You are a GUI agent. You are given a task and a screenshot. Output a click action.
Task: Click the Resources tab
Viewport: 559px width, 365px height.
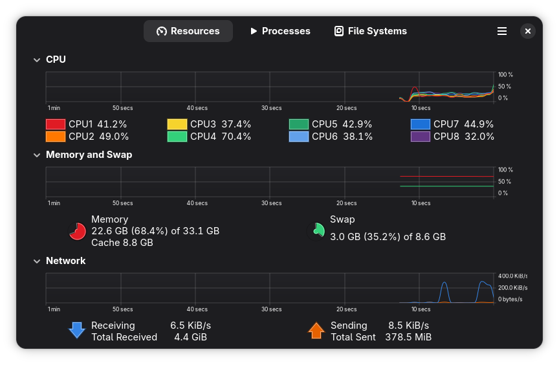pos(188,31)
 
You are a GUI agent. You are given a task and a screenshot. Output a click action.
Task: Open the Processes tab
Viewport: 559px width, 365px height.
pos(279,31)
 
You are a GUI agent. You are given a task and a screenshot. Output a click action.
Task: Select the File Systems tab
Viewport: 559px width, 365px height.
pos(370,31)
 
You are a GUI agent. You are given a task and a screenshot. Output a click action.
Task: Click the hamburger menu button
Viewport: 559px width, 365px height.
pos(501,31)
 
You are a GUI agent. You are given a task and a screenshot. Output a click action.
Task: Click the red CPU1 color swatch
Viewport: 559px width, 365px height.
pos(56,124)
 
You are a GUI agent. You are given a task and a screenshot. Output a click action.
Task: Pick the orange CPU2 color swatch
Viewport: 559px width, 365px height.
pos(56,137)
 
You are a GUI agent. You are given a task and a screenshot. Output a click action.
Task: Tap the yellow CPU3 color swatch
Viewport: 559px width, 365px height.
pos(177,124)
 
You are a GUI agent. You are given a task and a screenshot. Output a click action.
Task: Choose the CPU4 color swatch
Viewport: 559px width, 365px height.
pos(177,137)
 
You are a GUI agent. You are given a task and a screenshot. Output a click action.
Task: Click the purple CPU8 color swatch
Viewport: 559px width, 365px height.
pos(421,137)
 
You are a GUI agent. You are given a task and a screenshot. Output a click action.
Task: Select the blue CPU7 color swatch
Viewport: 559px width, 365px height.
pos(421,124)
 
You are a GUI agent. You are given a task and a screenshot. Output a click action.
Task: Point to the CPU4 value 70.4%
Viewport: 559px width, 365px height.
pos(236,137)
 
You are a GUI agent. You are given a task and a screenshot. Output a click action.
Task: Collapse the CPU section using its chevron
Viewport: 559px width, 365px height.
pos(37,60)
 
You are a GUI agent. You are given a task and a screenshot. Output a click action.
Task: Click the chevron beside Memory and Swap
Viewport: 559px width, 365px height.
pos(37,155)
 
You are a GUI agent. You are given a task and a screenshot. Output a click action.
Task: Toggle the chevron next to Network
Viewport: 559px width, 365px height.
pos(37,261)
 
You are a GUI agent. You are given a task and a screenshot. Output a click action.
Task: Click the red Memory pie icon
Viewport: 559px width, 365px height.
pos(78,231)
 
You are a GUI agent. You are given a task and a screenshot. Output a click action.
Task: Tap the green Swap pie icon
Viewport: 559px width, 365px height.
pos(317,230)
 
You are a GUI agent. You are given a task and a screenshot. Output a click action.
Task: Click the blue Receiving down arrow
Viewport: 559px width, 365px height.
pos(77,331)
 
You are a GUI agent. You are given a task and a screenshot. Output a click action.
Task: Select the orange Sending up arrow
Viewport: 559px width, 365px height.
pos(316,331)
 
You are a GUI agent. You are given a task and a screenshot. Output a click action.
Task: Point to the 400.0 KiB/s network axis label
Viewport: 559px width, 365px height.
pos(512,276)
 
